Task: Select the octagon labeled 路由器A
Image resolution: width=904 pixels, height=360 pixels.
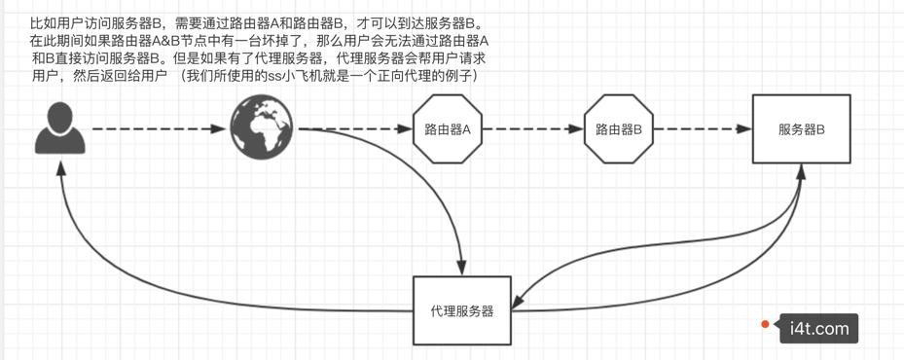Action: point(448,128)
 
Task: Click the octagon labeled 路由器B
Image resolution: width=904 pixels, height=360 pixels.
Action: point(617,128)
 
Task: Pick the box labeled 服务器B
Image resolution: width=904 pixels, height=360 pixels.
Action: point(801,128)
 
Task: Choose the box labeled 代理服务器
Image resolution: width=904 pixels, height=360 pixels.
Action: point(461,310)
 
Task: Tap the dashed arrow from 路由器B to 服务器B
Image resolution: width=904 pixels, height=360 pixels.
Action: point(701,128)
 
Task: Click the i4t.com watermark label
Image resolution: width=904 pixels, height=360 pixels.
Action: point(818,329)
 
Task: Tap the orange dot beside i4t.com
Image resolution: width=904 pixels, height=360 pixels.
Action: point(766,324)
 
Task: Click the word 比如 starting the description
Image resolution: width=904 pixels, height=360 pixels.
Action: point(44,21)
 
